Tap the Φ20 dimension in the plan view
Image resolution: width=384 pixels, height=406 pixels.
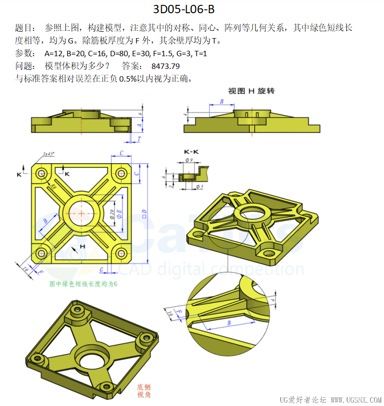coord(112,214)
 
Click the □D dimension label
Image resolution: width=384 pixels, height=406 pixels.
coord(144,213)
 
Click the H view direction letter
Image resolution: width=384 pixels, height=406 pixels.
coord(83,246)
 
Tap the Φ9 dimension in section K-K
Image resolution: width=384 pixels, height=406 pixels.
coord(189,160)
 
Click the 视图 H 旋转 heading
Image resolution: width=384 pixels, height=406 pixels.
coord(252,91)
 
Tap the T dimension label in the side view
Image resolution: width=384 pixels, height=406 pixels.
coord(139,139)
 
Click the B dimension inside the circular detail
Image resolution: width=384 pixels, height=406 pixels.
coord(228,323)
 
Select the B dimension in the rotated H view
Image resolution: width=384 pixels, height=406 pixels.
coord(221,102)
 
